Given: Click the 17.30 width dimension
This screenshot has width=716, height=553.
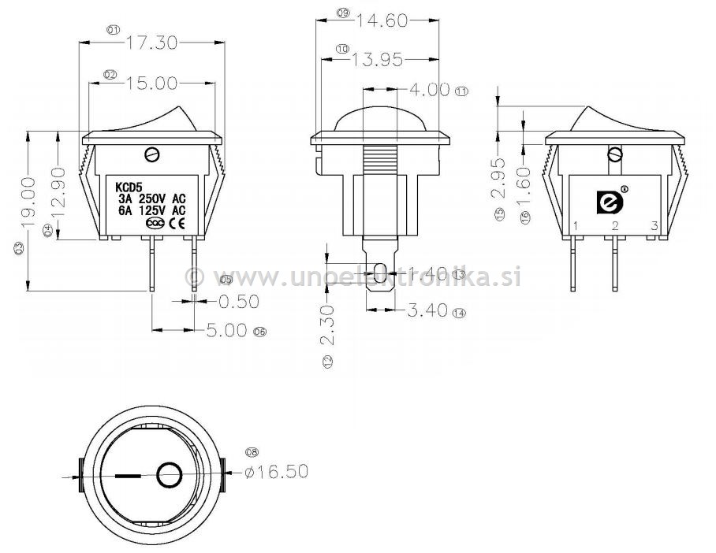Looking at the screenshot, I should tap(151, 43).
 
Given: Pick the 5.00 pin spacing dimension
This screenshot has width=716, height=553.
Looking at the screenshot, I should tap(226, 330).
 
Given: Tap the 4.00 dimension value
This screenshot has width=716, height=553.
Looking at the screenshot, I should tap(429, 90).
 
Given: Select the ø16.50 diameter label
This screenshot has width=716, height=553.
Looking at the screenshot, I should tap(276, 472).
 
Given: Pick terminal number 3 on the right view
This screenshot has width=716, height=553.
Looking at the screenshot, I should tap(654, 227).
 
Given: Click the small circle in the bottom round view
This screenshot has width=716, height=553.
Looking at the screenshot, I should tap(169, 476).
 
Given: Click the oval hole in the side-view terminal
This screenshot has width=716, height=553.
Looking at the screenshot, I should tap(379, 273).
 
